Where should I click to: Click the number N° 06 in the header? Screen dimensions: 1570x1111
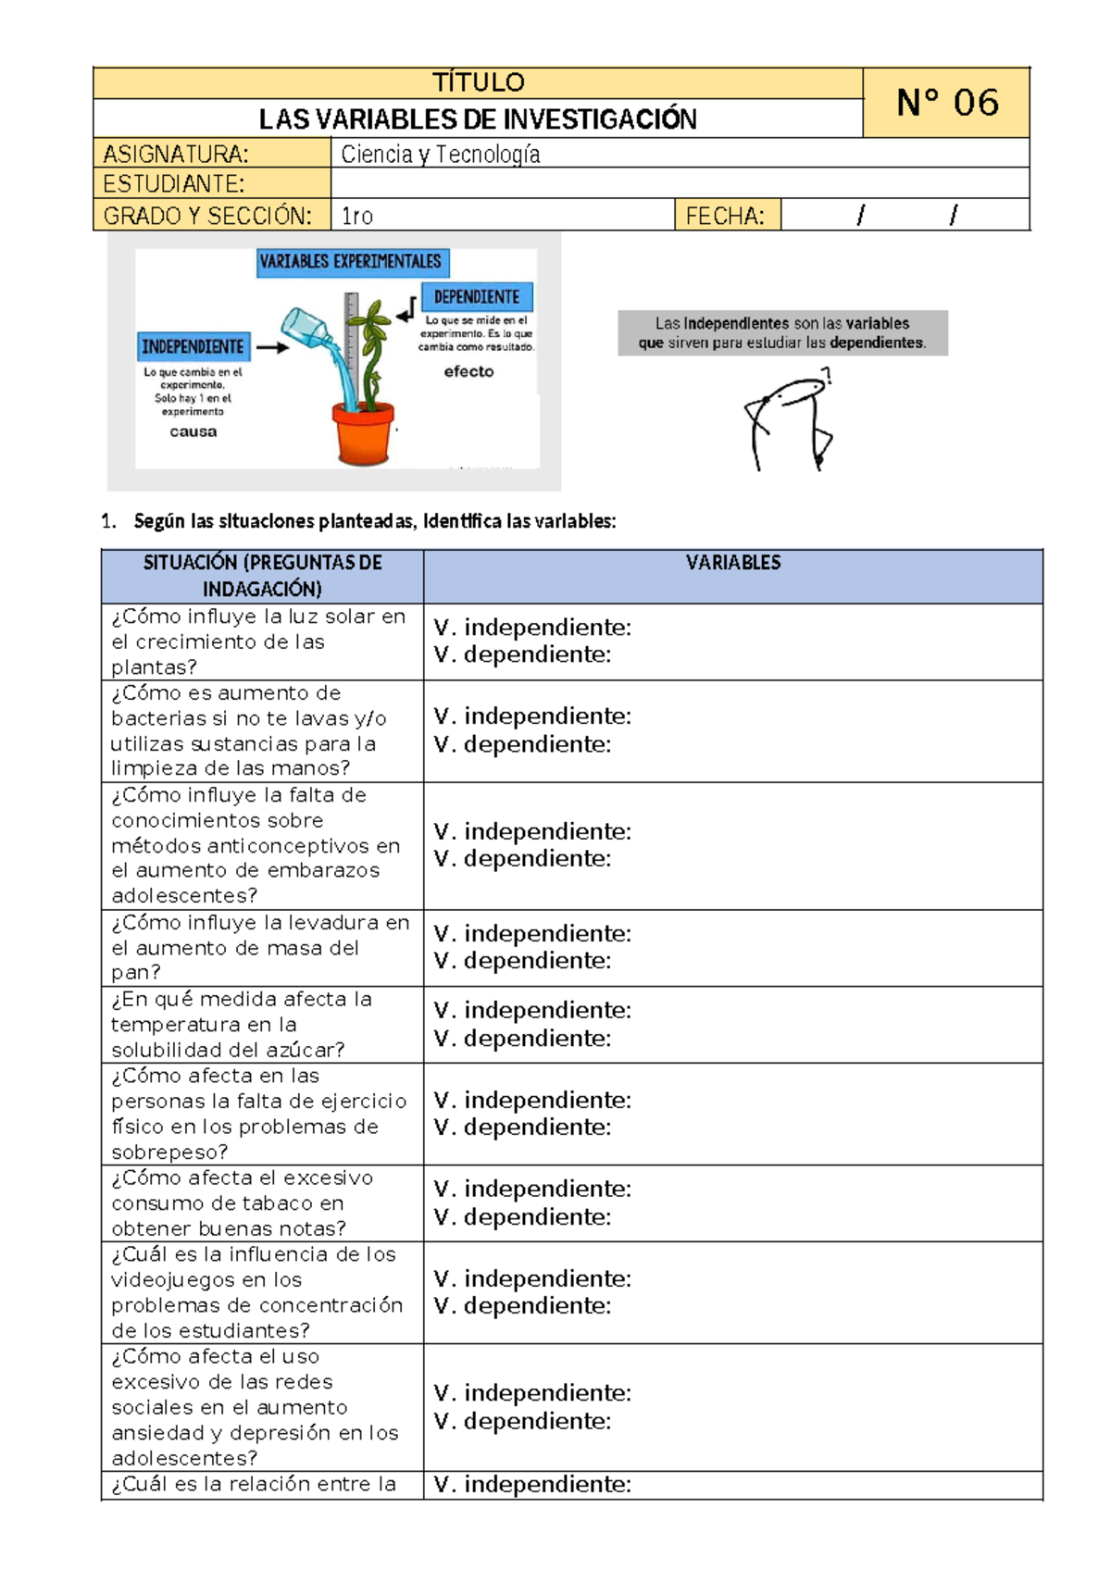[x=946, y=103]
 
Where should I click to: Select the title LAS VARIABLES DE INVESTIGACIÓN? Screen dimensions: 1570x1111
[x=478, y=119]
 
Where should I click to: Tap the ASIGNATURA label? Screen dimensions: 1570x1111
[x=176, y=154]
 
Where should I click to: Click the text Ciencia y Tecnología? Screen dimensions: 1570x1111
[x=441, y=154]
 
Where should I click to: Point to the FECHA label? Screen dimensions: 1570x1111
[x=725, y=216]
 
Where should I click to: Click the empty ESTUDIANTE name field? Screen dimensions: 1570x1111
[x=680, y=183]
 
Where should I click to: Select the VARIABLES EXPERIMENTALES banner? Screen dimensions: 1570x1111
[x=351, y=262]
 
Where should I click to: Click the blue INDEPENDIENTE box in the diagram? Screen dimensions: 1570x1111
[x=193, y=346]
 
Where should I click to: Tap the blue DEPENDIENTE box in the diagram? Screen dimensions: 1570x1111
[x=477, y=296]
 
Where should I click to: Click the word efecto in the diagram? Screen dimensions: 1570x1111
[x=468, y=371]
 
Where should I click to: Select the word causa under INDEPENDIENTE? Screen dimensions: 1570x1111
[x=193, y=431]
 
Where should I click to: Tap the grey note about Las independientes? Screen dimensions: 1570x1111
[x=782, y=333]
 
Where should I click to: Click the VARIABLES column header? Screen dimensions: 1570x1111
[x=732, y=563]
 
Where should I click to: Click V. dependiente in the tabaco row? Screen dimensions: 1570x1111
[x=523, y=1216]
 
